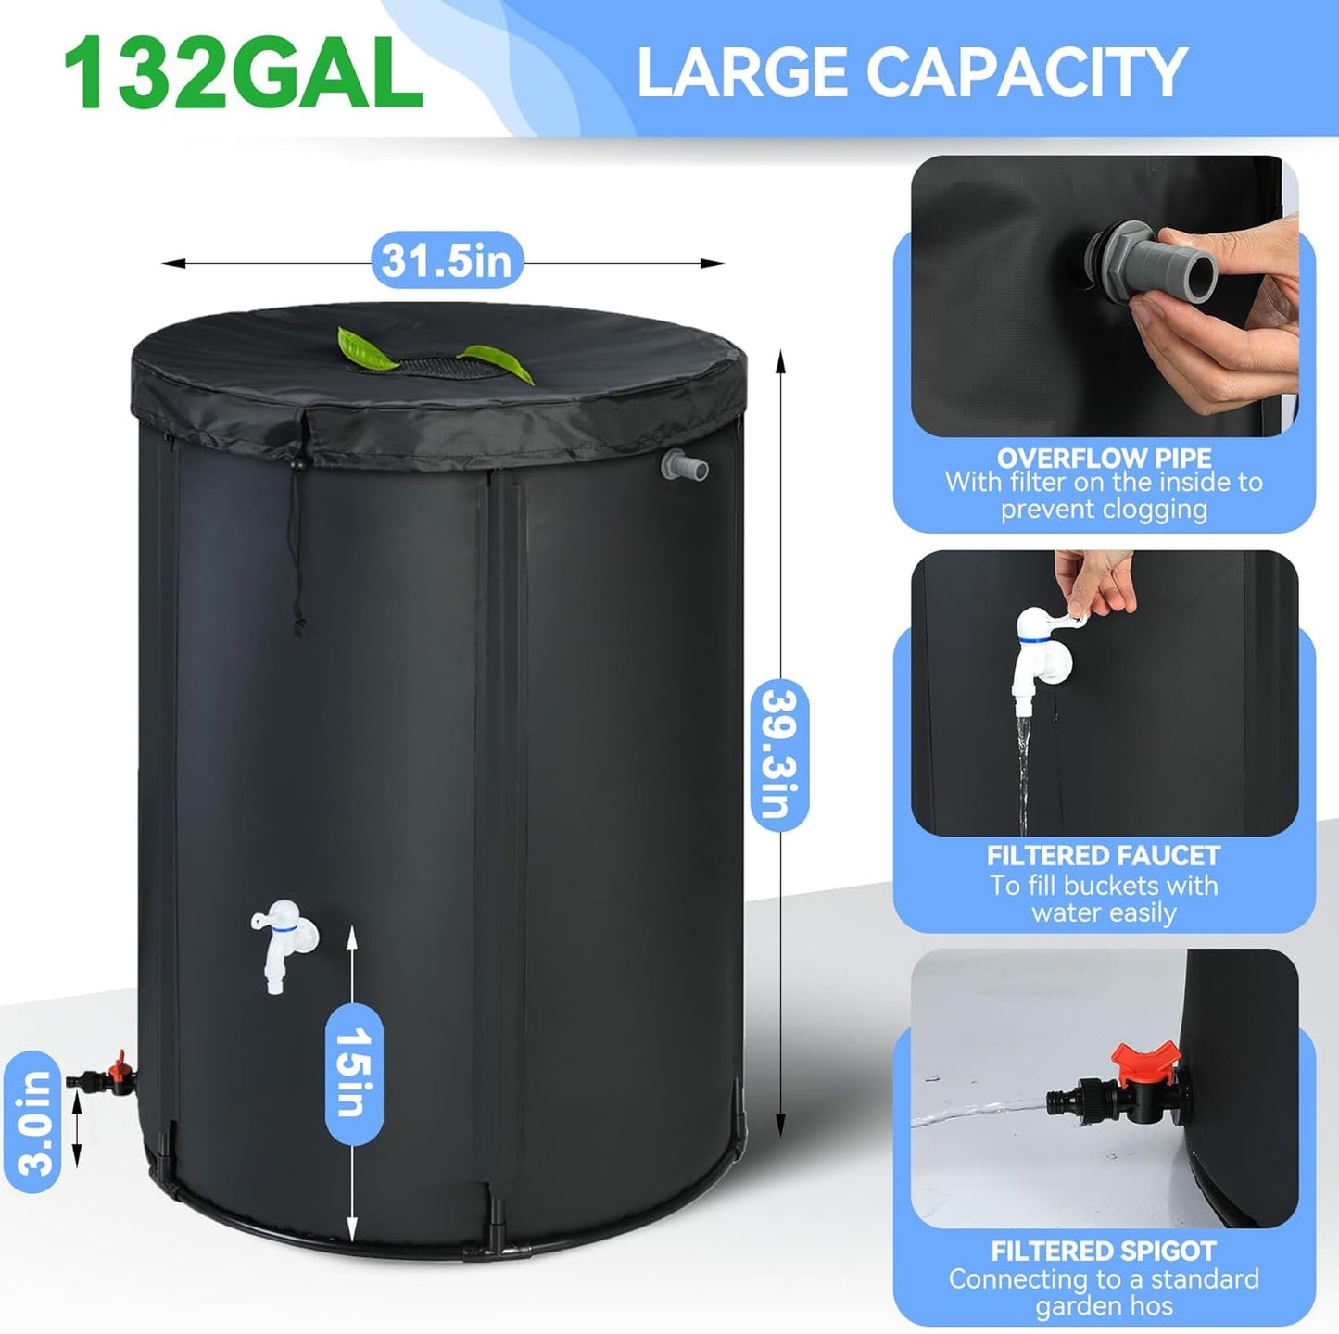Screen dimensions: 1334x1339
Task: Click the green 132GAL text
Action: pyautogui.click(x=243, y=74)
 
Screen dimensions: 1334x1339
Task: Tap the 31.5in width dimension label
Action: pyautogui.click(x=447, y=260)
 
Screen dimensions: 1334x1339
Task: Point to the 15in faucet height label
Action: pyautogui.click(x=354, y=1073)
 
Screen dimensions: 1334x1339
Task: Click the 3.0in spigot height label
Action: pyautogui.click(x=33, y=1122)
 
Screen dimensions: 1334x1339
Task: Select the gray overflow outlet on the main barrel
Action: pyautogui.click(x=684, y=465)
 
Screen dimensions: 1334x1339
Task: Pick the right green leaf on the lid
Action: pyautogui.click(x=500, y=363)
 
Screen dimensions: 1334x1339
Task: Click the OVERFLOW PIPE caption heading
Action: pyautogui.click(x=1104, y=458)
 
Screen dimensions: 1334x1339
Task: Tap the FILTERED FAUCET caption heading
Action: pyautogui.click(x=1104, y=855)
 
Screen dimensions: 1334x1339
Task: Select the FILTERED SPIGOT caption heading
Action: pyautogui.click(x=1104, y=1251)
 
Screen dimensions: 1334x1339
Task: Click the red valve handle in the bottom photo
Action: pyautogui.click(x=1145, y=1063)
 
